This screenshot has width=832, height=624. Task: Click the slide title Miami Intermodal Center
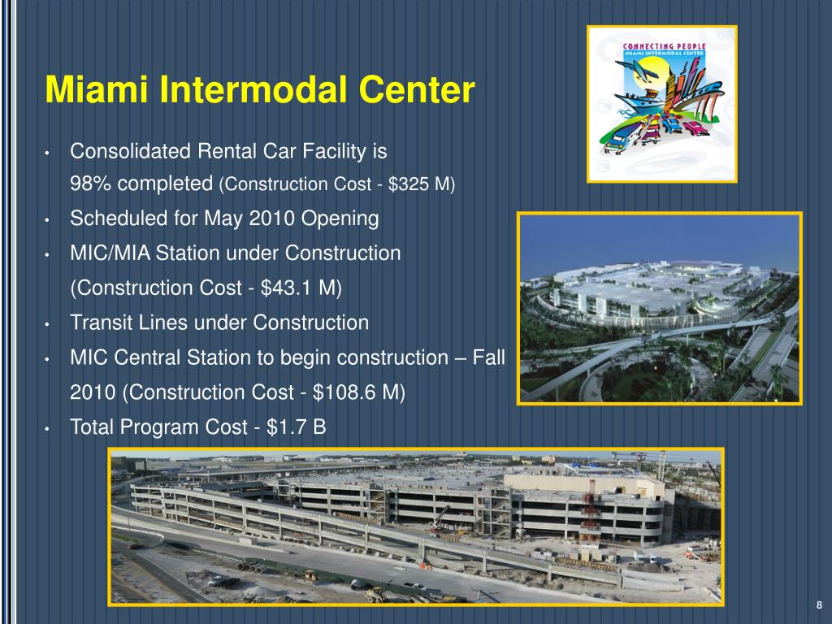click(259, 89)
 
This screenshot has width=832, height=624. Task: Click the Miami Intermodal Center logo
click(661, 103)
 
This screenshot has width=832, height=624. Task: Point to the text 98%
click(91, 184)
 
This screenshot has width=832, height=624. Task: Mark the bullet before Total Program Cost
click(50, 428)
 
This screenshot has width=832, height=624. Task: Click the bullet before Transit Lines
click(50, 324)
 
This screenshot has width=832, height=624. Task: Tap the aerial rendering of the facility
click(659, 308)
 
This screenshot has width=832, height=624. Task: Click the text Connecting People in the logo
click(663, 45)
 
